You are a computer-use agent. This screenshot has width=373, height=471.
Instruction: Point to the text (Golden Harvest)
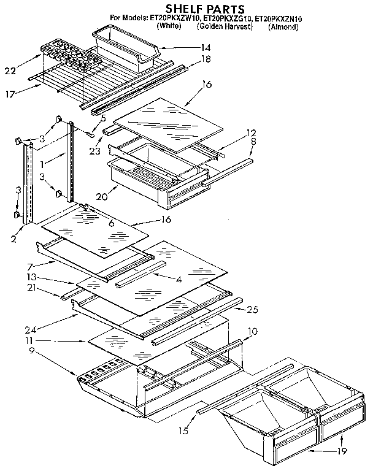pyautogui.click(x=225, y=28)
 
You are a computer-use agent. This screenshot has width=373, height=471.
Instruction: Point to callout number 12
pyautogui.click(x=251, y=132)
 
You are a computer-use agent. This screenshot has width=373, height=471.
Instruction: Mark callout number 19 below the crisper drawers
pyautogui.click(x=341, y=452)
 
